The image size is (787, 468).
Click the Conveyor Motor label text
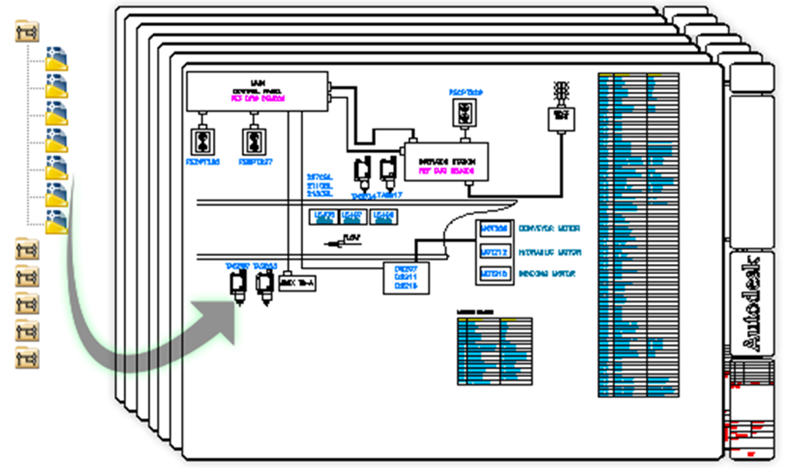(549, 229)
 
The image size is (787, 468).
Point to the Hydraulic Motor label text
(550, 252)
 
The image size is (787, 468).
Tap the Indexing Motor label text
(548, 273)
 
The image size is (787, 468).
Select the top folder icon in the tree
(27, 31)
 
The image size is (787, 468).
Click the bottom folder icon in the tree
(27, 358)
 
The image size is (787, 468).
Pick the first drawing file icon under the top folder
(56, 58)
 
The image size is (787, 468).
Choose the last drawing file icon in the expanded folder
(56, 222)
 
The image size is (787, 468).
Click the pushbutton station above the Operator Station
(466, 112)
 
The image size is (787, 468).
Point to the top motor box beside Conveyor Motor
(494, 229)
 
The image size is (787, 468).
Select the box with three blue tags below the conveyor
(405, 277)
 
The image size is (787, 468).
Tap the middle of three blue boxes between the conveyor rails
(353, 217)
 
